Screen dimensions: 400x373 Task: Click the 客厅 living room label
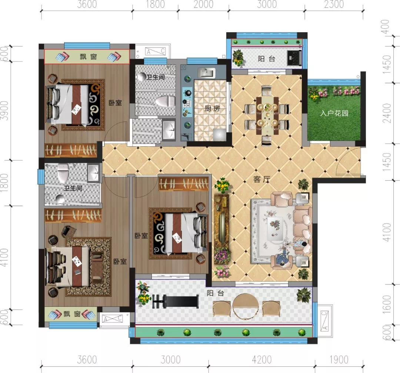pyautogui.click(x=262, y=179)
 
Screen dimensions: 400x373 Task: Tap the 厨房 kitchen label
pyautogui.click(x=212, y=109)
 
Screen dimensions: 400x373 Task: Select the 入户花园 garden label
pyautogui.click(x=334, y=113)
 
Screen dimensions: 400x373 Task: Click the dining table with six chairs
pyautogui.click(x=267, y=115)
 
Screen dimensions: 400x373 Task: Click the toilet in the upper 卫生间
pyautogui.click(x=166, y=101)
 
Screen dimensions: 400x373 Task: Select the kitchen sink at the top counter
pyautogui.click(x=207, y=73)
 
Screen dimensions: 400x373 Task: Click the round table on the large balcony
pyautogui.click(x=245, y=306)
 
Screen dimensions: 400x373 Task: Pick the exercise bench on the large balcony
pyautogui.click(x=176, y=302)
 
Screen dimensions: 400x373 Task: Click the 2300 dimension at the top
pyautogui.click(x=334, y=4)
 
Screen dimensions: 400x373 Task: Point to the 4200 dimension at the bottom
pyautogui.click(x=262, y=360)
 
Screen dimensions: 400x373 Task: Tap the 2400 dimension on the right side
pyautogui.click(x=387, y=113)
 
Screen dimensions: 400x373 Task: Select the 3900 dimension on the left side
pyautogui.click(x=4, y=111)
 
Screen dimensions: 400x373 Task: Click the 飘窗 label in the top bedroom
pyautogui.click(x=88, y=57)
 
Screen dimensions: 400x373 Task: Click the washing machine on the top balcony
pyautogui.click(x=294, y=58)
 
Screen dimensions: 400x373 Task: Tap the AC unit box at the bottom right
pyautogui.click(x=324, y=321)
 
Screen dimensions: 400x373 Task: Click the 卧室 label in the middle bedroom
pyautogui.click(x=141, y=236)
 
